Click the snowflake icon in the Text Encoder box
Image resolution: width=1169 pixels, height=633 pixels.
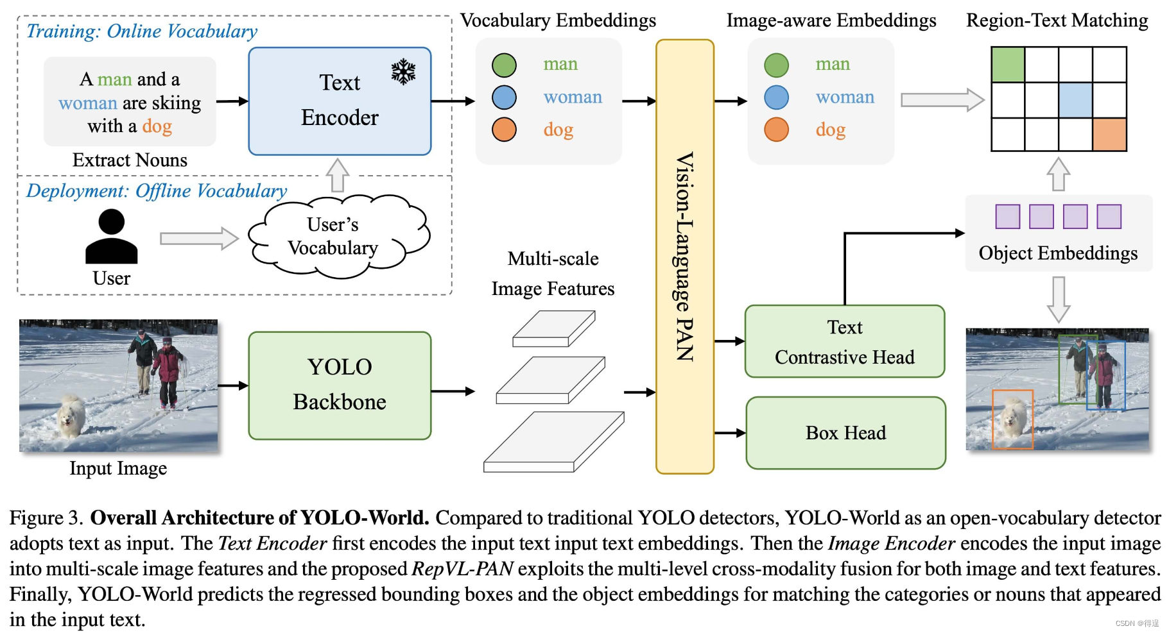tap(403, 72)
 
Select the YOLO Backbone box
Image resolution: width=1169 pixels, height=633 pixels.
tap(340, 385)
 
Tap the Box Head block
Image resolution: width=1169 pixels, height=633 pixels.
tap(845, 433)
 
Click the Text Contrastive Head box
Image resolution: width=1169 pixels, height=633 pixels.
tap(844, 342)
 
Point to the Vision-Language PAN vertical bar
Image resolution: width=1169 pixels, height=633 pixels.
tap(684, 257)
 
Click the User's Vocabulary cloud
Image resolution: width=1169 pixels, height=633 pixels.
tap(334, 237)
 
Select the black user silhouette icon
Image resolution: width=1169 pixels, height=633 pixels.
tap(111, 237)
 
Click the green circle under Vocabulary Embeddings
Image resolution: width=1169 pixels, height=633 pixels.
tap(504, 65)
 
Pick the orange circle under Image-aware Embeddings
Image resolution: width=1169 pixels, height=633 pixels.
tap(776, 130)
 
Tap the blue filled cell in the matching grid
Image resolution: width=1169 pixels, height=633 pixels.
tap(1075, 99)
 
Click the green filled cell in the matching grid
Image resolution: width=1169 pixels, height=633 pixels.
tap(1008, 64)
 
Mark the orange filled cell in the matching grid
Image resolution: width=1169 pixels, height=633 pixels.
tap(1109, 134)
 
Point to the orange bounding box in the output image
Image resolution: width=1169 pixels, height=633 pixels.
tap(1012, 419)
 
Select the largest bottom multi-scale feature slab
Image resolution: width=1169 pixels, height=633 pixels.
tap(553, 443)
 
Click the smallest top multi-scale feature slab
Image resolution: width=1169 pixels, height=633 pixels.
tap(553, 328)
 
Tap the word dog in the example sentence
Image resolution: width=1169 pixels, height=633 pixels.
tap(157, 126)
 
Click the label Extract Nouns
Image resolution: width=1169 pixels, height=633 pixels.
tap(130, 160)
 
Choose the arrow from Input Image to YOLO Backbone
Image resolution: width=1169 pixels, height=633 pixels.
tap(232, 385)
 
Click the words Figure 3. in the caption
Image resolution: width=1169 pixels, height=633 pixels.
tap(46, 518)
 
